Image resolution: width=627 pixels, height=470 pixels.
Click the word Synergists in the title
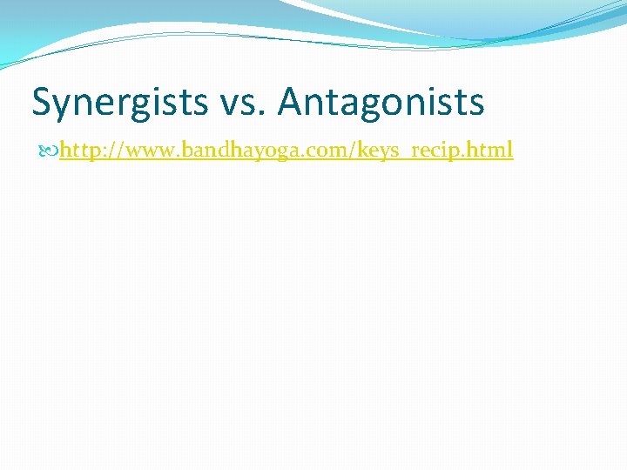pos(118,103)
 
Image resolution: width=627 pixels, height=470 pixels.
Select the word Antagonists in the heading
pos(381,103)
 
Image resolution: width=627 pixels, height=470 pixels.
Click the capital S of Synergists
pos(42,103)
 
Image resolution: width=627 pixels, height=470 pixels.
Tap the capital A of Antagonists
pos(291,103)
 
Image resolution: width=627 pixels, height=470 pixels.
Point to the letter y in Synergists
pos(62,106)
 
